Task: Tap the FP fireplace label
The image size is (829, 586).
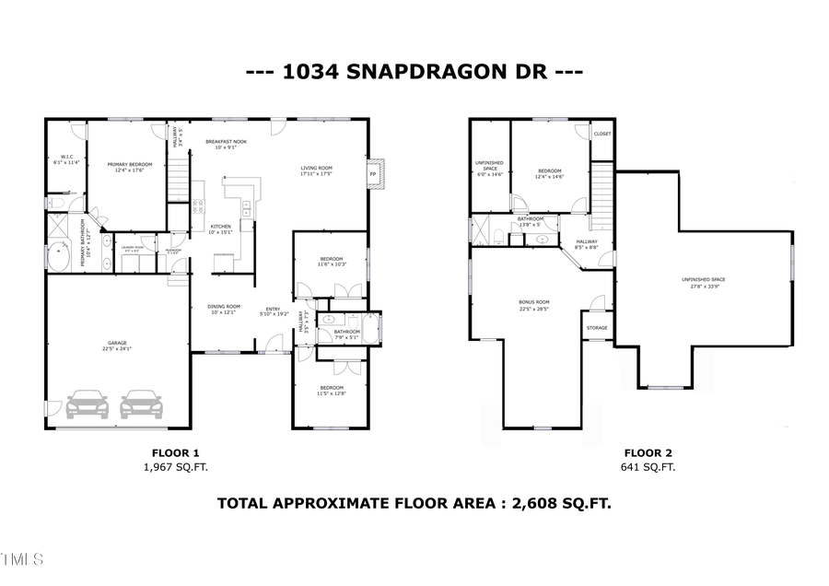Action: tap(374, 174)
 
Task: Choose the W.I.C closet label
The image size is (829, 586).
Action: tap(66, 157)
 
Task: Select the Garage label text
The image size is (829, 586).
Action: tap(117, 343)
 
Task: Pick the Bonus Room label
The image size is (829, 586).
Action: tap(535, 301)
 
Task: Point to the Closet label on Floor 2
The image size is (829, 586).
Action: tap(601, 134)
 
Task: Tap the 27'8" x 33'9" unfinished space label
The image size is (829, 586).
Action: tap(705, 286)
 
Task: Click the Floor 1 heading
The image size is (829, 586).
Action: tap(175, 452)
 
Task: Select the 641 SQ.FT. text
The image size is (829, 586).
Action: tap(649, 467)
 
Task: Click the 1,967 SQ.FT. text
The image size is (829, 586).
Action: tap(175, 467)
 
